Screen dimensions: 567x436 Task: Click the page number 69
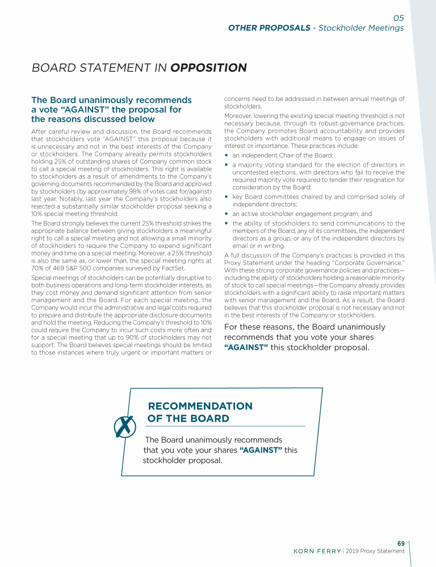point(400,544)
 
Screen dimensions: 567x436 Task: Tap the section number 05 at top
point(399,18)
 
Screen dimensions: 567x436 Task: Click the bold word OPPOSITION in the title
point(208,68)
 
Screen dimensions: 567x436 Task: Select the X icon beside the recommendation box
point(124,428)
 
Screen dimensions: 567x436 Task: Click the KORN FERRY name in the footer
point(317,551)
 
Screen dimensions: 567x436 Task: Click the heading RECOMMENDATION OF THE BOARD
point(200,412)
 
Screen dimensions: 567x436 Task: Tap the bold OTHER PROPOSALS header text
point(269,28)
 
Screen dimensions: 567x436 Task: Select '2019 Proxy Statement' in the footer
point(375,551)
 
